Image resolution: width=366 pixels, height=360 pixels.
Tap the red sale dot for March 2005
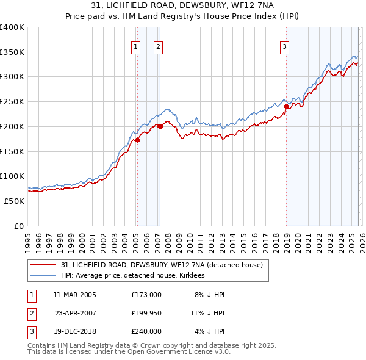click(137, 140)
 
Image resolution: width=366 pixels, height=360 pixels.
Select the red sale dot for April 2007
click(160, 126)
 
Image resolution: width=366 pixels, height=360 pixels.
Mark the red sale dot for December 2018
click(286, 106)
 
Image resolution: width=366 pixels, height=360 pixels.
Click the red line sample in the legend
click(43, 265)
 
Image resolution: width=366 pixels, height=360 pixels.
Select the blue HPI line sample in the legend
click(43, 276)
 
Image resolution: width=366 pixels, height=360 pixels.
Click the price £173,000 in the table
click(146, 295)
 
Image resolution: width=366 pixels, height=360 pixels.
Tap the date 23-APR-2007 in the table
click(76, 313)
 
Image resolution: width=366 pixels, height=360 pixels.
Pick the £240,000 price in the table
click(146, 331)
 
